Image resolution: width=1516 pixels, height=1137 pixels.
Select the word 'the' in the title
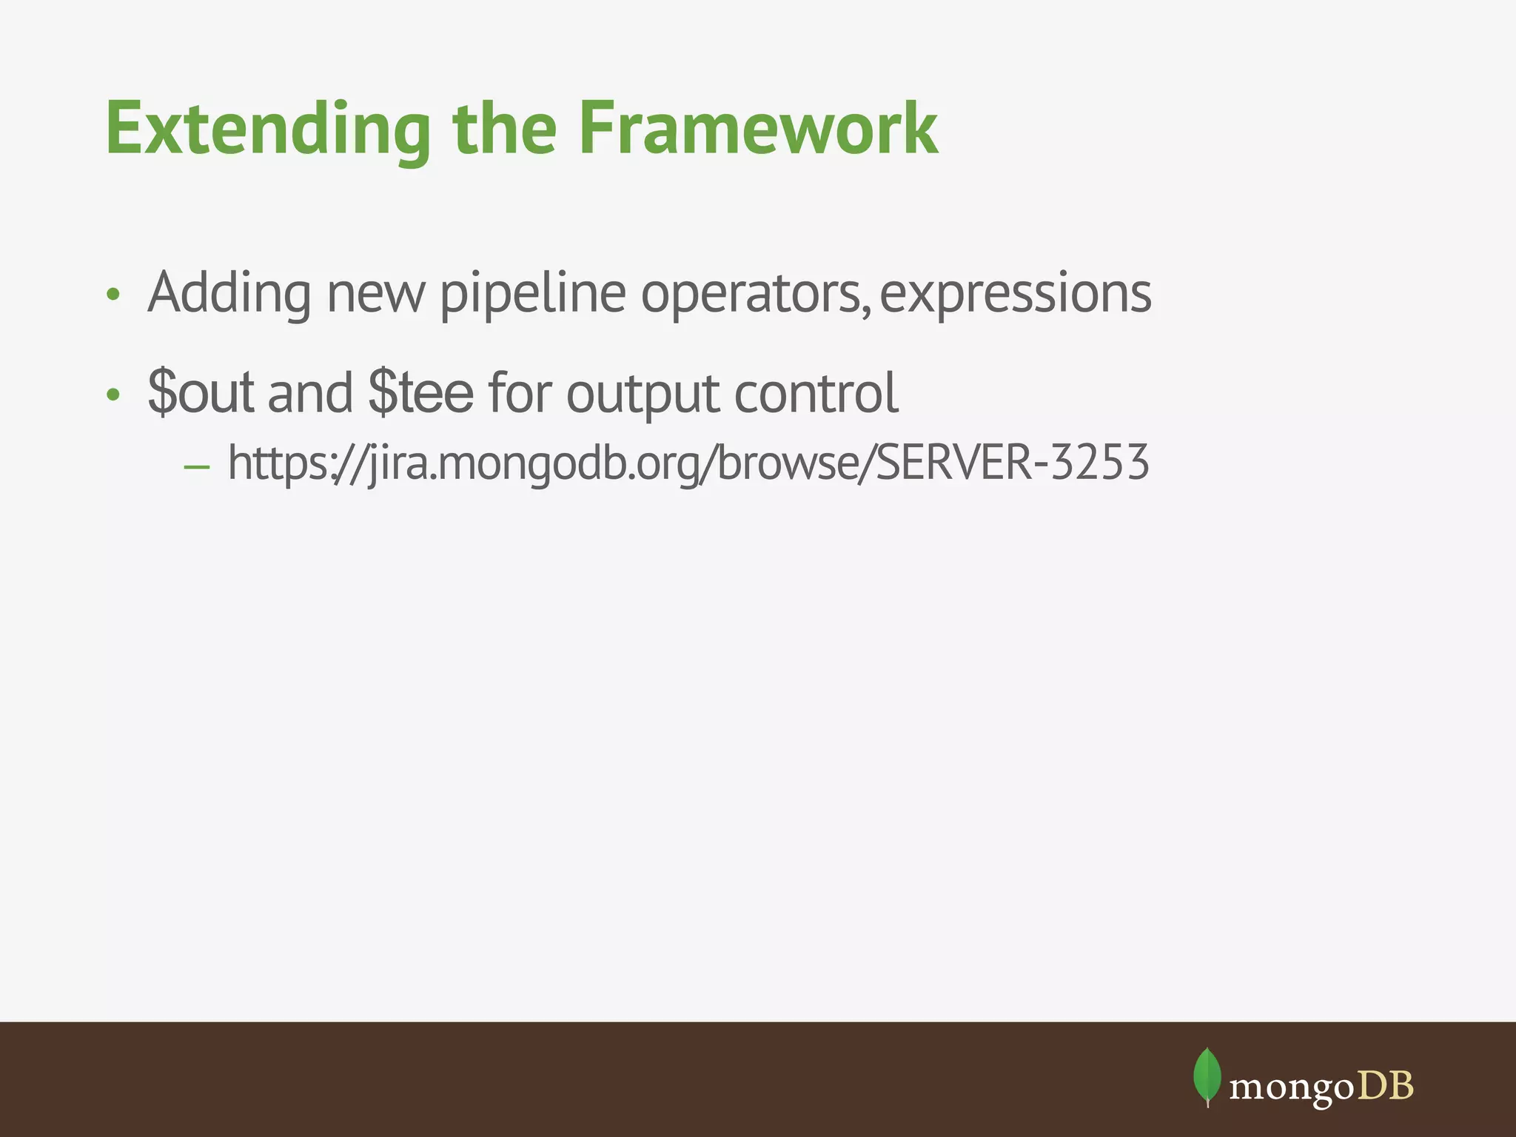pyautogui.click(x=504, y=130)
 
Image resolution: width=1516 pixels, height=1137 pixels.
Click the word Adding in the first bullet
pyautogui.click(x=229, y=294)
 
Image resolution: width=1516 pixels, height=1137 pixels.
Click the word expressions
pyautogui.click(x=1015, y=294)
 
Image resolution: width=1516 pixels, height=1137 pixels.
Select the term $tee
pyautogui.click(x=420, y=393)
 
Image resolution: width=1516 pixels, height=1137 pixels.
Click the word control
pyautogui.click(x=816, y=393)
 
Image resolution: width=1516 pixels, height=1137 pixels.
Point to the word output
pyautogui.click(x=643, y=393)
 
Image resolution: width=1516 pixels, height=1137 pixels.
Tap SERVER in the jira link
pyautogui.click(x=956, y=463)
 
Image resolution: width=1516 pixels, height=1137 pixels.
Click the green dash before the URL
pyautogui.click(x=197, y=467)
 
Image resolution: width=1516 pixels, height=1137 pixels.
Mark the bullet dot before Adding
pyautogui.click(x=113, y=295)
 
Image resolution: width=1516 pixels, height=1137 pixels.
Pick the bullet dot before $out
pyautogui.click(x=113, y=395)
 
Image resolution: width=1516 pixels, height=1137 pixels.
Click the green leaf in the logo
pyautogui.click(x=1207, y=1076)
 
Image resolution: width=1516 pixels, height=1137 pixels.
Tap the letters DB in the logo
pyautogui.click(x=1386, y=1087)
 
